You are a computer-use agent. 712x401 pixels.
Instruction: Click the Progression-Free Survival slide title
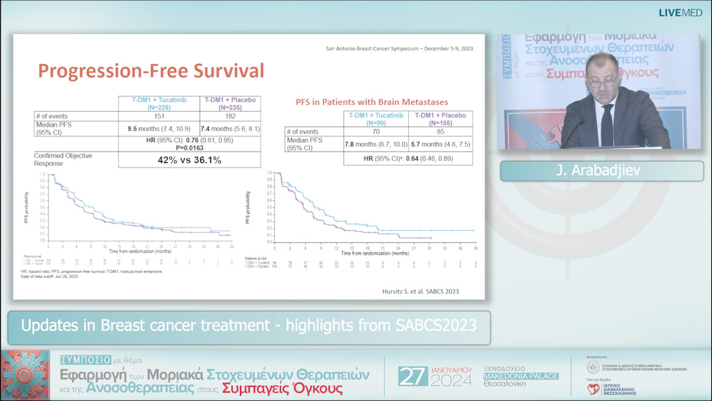pyautogui.click(x=151, y=71)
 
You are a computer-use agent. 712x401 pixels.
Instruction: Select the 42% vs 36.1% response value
pyautogui.click(x=189, y=160)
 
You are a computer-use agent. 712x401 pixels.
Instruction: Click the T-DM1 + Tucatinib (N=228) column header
pyautogui.click(x=158, y=104)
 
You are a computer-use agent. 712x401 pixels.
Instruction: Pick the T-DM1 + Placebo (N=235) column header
pyautogui.click(x=230, y=104)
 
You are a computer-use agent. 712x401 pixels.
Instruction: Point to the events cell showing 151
pyautogui.click(x=158, y=116)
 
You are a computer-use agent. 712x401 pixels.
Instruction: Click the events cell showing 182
pyautogui.click(x=230, y=116)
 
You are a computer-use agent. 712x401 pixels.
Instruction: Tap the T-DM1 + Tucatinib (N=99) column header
pyautogui.click(x=376, y=119)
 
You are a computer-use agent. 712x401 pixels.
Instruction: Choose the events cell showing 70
pyautogui.click(x=376, y=132)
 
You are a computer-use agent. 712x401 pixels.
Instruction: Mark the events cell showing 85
pyautogui.click(x=440, y=132)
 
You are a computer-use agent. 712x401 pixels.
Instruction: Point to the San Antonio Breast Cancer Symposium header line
pyautogui.click(x=404, y=49)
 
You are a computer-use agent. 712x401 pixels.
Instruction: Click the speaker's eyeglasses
pyautogui.click(x=603, y=81)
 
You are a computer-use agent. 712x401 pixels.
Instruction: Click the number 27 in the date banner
pyautogui.click(x=413, y=376)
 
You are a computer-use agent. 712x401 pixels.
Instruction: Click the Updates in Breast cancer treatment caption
pyautogui.click(x=249, y=325)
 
